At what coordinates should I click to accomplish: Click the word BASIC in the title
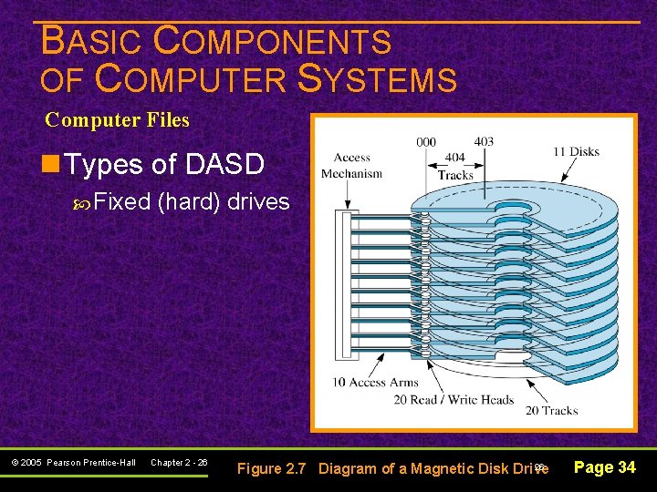coord(91,42)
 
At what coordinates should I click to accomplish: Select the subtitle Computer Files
coord(117,119)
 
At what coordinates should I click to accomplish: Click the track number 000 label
coord(425,141)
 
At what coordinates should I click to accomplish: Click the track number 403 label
coord(484,141)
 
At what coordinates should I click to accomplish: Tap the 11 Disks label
coord(576,151)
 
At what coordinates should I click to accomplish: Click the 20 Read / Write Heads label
coord(454,399)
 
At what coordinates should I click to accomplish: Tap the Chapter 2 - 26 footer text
coord(179,463)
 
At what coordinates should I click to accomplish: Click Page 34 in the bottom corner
coord(603,467)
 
